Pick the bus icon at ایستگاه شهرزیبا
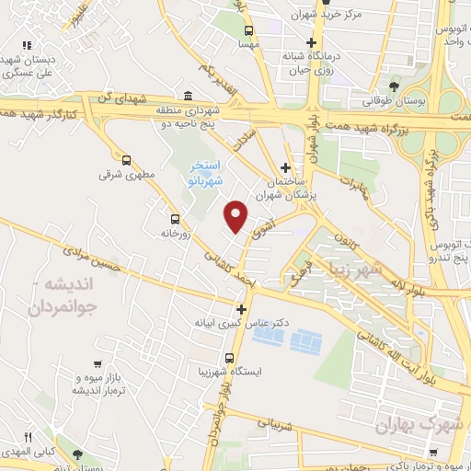(x=229, y=358)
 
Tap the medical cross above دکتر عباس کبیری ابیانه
(x=241, y=309)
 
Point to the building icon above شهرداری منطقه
(x=188, y=97)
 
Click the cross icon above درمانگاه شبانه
(x=312, y=42)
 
